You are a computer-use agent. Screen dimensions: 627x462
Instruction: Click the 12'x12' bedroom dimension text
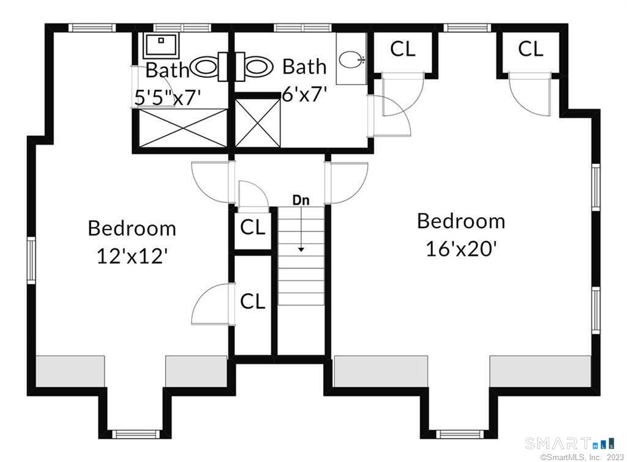[132, 256]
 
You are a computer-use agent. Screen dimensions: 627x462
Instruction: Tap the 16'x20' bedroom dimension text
[461, 249]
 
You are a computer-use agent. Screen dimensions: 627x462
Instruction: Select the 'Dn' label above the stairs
[301, 200]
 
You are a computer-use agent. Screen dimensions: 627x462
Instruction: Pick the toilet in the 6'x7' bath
[253, 67]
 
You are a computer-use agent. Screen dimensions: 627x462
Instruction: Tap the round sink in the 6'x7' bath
[351, 59]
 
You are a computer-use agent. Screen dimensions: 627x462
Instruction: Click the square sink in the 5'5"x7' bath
[161, 45]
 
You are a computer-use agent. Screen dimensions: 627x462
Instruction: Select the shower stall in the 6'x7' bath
[258, 123]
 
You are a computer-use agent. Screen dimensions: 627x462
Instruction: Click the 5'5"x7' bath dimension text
[167, 97]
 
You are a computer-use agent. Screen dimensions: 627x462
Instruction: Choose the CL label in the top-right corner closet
[531, 49]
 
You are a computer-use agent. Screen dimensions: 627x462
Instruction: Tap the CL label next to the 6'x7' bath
[403, 49]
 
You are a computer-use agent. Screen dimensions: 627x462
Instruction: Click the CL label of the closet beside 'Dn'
[253, 228]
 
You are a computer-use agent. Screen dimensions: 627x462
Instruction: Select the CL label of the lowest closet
[253, 301]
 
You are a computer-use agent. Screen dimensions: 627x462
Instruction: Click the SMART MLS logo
[570, 443]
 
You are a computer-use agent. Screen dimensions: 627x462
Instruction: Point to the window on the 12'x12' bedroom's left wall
[31, 261]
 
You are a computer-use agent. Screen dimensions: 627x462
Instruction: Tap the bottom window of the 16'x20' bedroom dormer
[459, 434]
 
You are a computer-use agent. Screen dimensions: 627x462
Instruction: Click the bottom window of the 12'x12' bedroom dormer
[135, 434]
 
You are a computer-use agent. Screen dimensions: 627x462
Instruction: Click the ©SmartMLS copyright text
[582, 456]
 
